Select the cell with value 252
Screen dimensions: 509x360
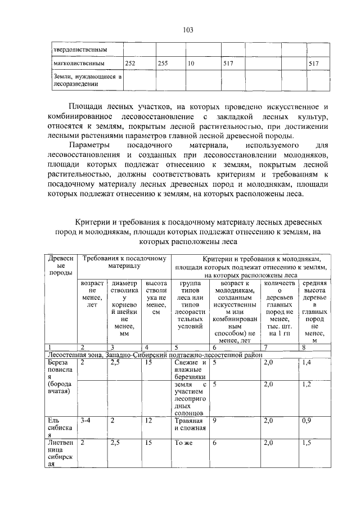[x=130, y=64]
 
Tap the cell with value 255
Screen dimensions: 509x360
[x=163, y=64]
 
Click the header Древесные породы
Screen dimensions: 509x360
[x=61, y=265]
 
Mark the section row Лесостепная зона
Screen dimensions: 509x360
[x=155, y=355]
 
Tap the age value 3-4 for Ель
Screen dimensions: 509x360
[x=86, y=420]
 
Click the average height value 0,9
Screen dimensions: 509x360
[x=307, y=420]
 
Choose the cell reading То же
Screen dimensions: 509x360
[x=183, y=443]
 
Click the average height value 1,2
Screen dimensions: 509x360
[x=307, y=384]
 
